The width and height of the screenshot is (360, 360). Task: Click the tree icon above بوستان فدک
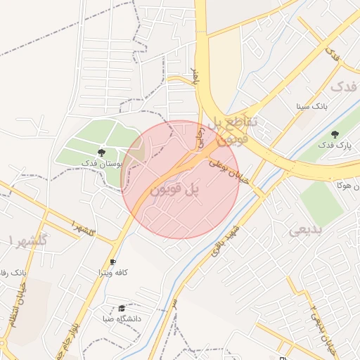(x=102, y=152)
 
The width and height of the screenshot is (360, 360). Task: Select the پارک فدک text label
(x=333, y=145)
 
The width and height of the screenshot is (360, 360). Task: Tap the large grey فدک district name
(x=345, y=87)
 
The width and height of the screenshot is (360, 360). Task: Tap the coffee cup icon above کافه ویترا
(x=113, y=262)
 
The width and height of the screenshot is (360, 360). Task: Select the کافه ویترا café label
(x=112, y=272)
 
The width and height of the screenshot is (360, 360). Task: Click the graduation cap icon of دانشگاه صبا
(x=122, y=308)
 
